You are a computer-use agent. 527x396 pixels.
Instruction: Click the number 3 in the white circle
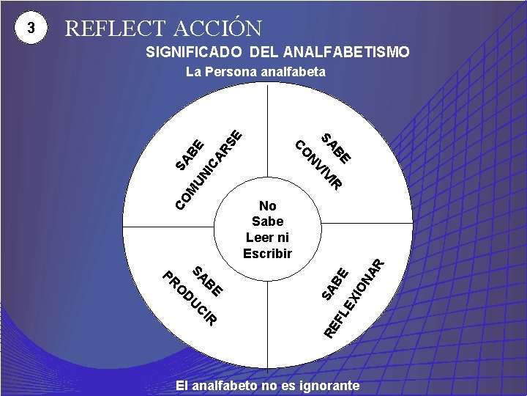pos(30,29)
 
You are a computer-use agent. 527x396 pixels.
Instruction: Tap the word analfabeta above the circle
pos(296,72)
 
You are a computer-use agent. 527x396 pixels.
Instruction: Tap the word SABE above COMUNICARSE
pos(190,153)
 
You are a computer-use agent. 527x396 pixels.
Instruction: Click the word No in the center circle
pos(267,206)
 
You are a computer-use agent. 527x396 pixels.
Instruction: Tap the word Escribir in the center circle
pos(267,254)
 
